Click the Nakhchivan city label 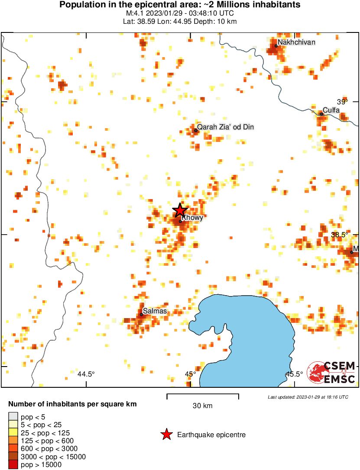296,42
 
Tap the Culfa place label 331,110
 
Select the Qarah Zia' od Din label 225,127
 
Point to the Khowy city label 192,218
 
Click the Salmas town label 155,311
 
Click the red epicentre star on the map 180,210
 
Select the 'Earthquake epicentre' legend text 211,435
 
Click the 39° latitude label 342,102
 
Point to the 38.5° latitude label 340,235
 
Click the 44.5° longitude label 86,374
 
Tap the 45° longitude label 190,374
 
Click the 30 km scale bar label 202,406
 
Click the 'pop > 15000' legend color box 13,465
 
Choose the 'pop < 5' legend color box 13,417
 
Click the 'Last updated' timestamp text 308,397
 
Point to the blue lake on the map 251,329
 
